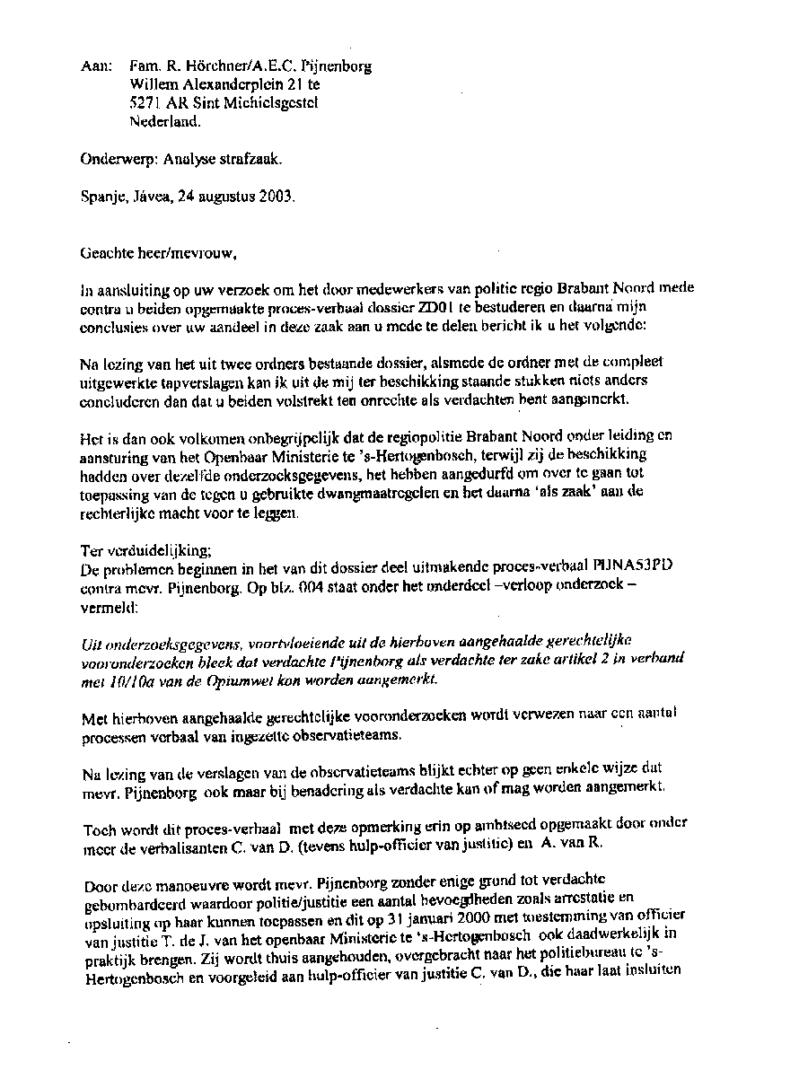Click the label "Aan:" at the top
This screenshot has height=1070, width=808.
click(95, 66)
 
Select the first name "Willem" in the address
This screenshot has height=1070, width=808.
click(154, 84)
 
